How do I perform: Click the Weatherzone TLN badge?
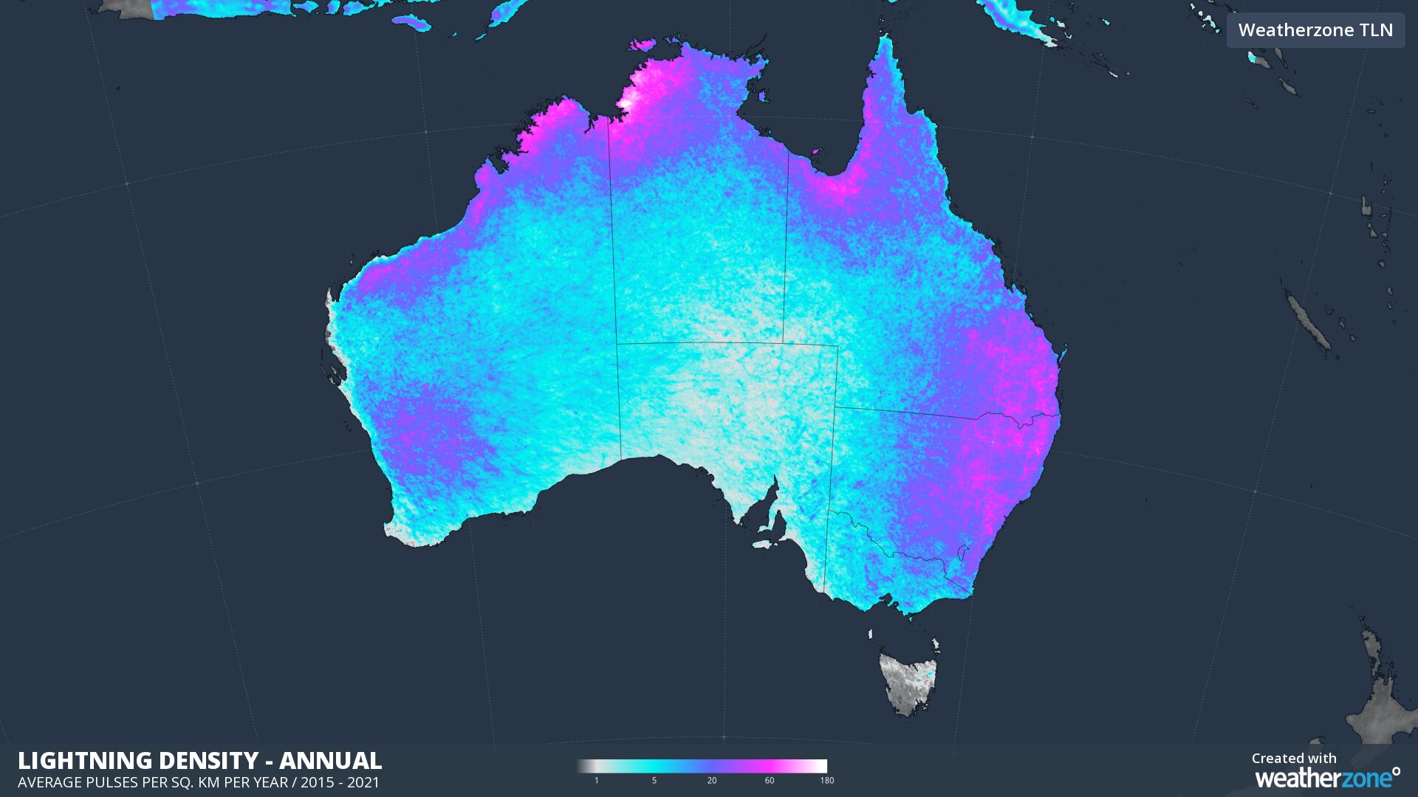click(1315, 30)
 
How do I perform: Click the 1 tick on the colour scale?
click(597, 780)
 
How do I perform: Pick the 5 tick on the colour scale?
click(654, 780)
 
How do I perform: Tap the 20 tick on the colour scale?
click(712, 780)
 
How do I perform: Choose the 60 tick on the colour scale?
click(770, 780)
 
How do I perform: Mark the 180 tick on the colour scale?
click(826, 780)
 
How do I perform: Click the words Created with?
click(1294, 759)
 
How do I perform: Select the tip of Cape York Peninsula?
click(885, 41)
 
